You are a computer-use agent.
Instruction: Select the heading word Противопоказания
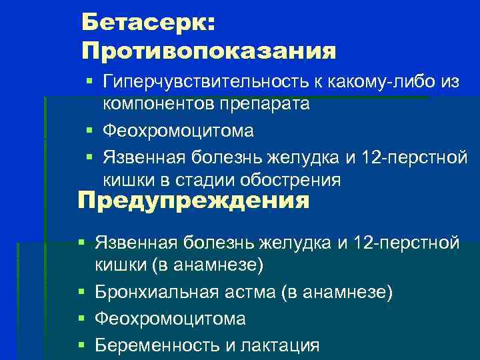[x=209, y=50]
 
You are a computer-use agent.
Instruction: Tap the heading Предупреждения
[x=193, y=201]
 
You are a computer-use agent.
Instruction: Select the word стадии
[x=195, y=180]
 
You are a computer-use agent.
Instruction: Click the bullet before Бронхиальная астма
[x=81, y=293]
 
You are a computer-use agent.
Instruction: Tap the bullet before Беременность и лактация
[x=81, y=345]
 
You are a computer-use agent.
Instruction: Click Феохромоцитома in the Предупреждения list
[x=170, y=319]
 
